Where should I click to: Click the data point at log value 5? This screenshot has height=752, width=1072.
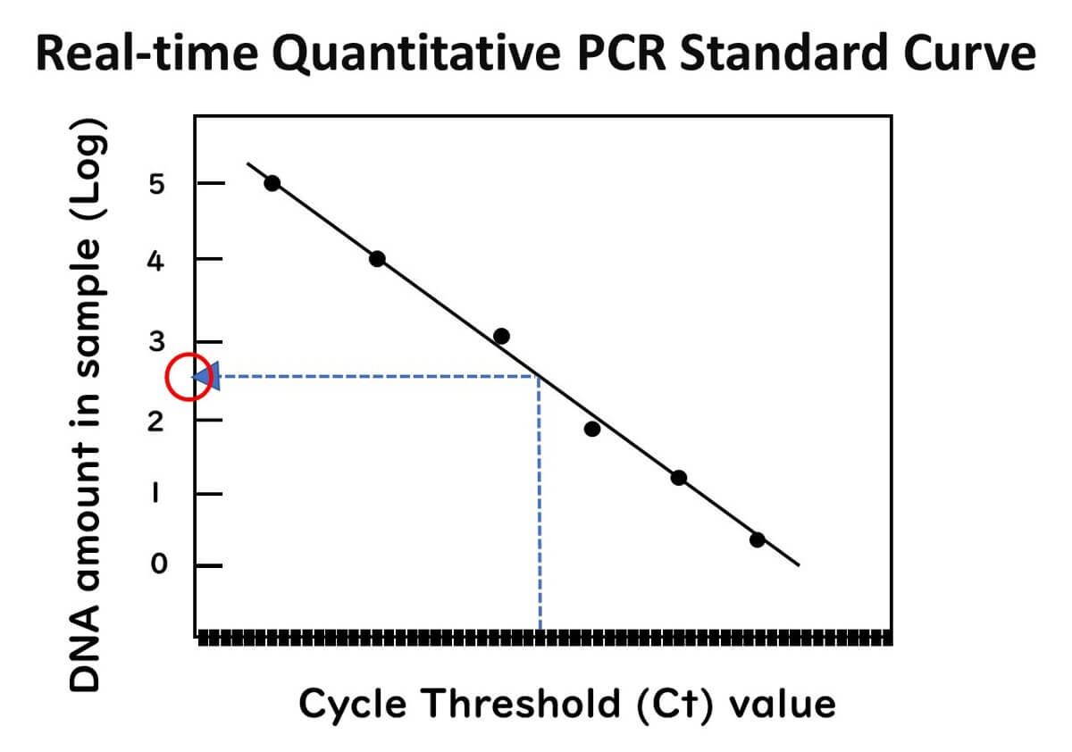pos(272,183)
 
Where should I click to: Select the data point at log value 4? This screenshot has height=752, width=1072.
pos(377,259)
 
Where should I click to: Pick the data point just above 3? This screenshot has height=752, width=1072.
pos(501,336)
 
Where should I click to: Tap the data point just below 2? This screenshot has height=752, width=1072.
pos(591,429)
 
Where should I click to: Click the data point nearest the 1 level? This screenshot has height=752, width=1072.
pos(679,477)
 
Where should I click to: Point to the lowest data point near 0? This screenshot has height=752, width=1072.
pos(757,539)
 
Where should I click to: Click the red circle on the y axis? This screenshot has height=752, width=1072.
pos(190,377)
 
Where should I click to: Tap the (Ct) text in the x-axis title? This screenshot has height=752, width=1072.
pos(679,704)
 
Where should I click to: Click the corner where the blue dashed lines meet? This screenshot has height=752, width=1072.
pos(540,377)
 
